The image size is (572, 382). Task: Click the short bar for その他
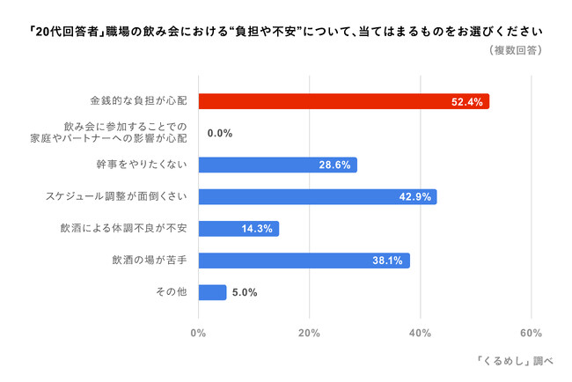pos(212,291)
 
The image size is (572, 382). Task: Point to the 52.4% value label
pos(466,102)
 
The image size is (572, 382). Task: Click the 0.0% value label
pos(219,134)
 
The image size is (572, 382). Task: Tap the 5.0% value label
pos(245,292)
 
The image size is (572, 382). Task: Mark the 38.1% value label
pos(388,261)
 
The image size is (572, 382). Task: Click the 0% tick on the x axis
pos(198,333)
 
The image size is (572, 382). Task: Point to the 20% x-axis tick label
pos(309,333)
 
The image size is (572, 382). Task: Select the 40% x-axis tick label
pos(420,333)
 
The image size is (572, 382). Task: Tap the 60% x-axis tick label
pos(531,333)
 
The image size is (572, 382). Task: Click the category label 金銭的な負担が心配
pos(139,101)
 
